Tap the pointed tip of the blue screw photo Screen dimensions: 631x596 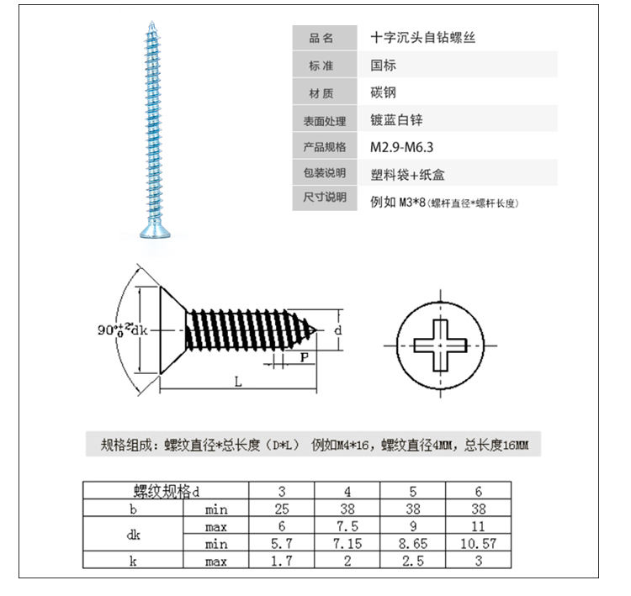(x=151, y=22)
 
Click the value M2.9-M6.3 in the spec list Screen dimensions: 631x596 (x=401, y=147)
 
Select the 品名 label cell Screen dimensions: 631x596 (x=325, y=38)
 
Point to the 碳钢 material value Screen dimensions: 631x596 (x=383, y=92)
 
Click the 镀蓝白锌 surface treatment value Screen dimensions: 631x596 (x=396, y=119)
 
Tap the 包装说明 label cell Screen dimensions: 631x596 (x=325, y=172)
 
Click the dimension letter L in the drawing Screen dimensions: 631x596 (x=238, y=382)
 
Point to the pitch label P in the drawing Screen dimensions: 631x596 (x=305, y=357)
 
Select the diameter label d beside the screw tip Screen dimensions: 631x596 (x=338, y=330)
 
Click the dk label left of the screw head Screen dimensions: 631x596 (x=139, y=330)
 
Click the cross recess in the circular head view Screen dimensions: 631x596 (x=440, y=345)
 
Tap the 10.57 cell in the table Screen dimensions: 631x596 (x=478, y=543)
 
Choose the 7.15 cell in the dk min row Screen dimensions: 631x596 (x=347, y=543)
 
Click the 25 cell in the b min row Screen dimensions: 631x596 (x=281, y=509)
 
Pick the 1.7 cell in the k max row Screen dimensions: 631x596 (x=281, y=560)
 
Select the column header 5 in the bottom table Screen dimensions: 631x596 (x=413, y=491)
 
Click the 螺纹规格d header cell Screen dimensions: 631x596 (x=166, y=491)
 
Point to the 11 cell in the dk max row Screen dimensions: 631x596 (x=478, y=526)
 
